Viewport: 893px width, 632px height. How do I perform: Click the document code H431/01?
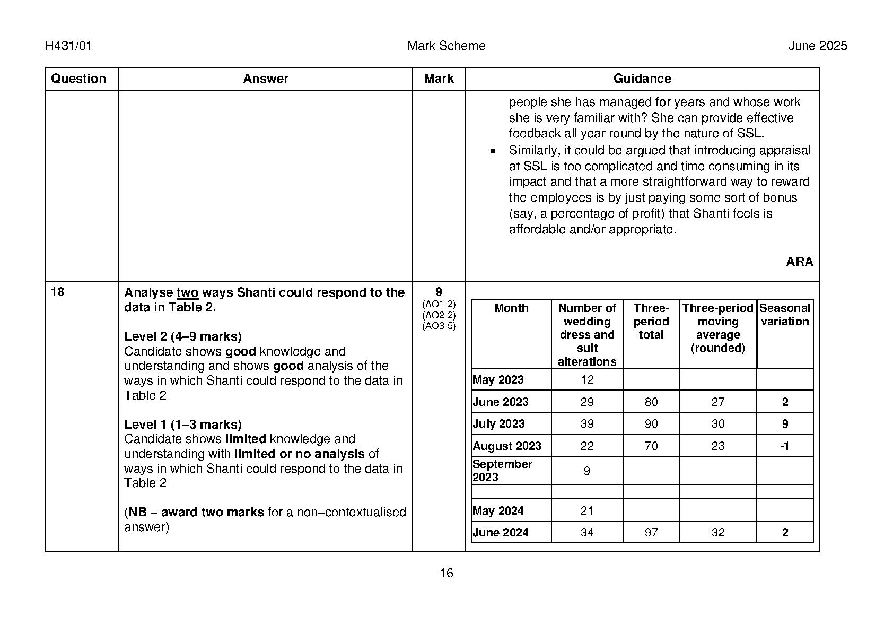click(68, 46)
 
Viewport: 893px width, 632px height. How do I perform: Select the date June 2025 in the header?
click(817, 46)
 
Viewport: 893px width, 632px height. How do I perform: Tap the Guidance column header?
click(642, 79)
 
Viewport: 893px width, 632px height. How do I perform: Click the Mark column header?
click(439, 79)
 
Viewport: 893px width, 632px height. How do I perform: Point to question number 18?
click(57, 292)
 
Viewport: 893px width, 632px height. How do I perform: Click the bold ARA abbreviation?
click(799, 262)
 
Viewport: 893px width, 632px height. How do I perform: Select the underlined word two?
click(187, 293)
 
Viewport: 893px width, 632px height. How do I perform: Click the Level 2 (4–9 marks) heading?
click(182, 336)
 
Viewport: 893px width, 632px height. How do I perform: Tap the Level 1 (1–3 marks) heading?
click(182, 425)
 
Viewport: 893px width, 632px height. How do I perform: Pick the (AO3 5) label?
click(439, 326)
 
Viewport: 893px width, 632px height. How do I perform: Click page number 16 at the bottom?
click(446, 573)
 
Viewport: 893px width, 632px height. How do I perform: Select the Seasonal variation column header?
click(784, 315)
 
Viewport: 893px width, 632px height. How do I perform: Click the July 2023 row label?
click(498, 424)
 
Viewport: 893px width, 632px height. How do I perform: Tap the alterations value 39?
click(587, 424)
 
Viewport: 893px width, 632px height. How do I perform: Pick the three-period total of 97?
click(651, 533)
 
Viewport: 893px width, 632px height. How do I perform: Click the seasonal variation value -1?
click(785, 446)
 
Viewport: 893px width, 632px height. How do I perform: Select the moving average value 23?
click(717, 446)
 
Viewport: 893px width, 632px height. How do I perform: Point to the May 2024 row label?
click(498, 511)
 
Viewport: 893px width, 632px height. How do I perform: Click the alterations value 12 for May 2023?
click(587, 380)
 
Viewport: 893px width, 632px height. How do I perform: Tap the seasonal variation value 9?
click(785, 424)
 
